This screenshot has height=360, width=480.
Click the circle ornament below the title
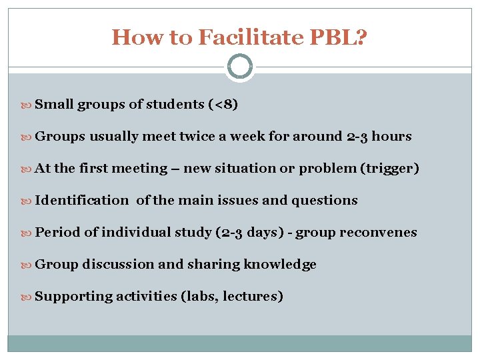tap(240, 67)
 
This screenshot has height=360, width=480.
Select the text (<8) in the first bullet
tap(223, 105)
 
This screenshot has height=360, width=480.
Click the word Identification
tap(81, 201)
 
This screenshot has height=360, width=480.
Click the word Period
tap(57, 233)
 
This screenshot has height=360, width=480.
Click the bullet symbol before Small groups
tap(28, 105)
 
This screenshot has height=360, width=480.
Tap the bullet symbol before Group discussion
tap(28, 265)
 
